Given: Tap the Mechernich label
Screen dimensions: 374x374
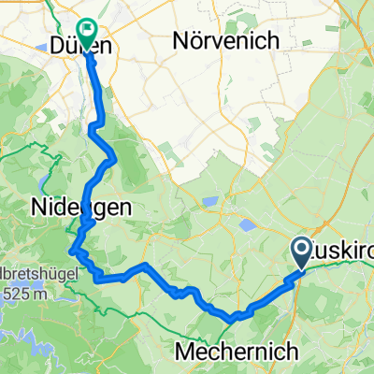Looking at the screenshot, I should click(x=237, y=352).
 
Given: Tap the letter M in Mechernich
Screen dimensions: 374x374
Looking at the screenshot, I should click(x=184, y=352).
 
